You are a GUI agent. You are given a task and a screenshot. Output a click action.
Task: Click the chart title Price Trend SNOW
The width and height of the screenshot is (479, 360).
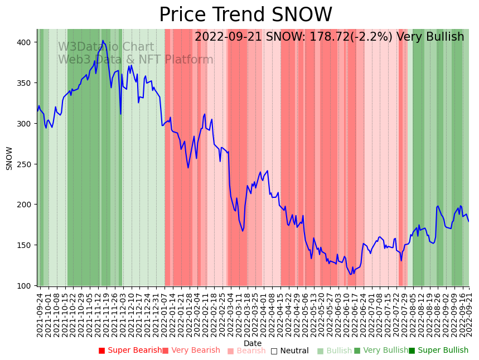pos(245,15)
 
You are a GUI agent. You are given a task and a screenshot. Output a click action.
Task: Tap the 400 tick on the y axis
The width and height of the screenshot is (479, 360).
pos(27,42)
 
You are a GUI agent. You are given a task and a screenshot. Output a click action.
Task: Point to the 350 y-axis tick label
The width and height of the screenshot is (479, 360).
pos(27,83)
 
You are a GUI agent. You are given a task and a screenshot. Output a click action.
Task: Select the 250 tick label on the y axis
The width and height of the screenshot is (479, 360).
pos(27,164)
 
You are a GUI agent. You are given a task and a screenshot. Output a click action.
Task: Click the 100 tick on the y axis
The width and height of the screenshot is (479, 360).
pos(27,286)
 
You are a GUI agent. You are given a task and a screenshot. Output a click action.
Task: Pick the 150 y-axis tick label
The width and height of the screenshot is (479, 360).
pos(27,245)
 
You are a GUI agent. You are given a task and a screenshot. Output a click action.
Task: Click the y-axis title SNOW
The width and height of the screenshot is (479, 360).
pos(9,158)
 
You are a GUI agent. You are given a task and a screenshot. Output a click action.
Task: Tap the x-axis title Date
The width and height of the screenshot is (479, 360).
pos(253,344)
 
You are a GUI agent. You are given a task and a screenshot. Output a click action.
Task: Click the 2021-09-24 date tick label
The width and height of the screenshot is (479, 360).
pos(40,315)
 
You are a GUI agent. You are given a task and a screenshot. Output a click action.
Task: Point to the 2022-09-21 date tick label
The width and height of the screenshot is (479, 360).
pos(469,315)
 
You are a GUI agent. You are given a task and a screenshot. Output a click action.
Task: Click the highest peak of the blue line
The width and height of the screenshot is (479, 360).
pos(103,40)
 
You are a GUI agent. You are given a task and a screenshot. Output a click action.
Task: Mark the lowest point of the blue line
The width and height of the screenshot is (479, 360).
pos(351,274)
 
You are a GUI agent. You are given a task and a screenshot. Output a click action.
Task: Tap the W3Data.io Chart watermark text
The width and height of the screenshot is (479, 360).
pos(106,47)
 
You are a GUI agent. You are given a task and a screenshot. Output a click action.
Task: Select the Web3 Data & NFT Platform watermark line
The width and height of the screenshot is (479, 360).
pos(136,60)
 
